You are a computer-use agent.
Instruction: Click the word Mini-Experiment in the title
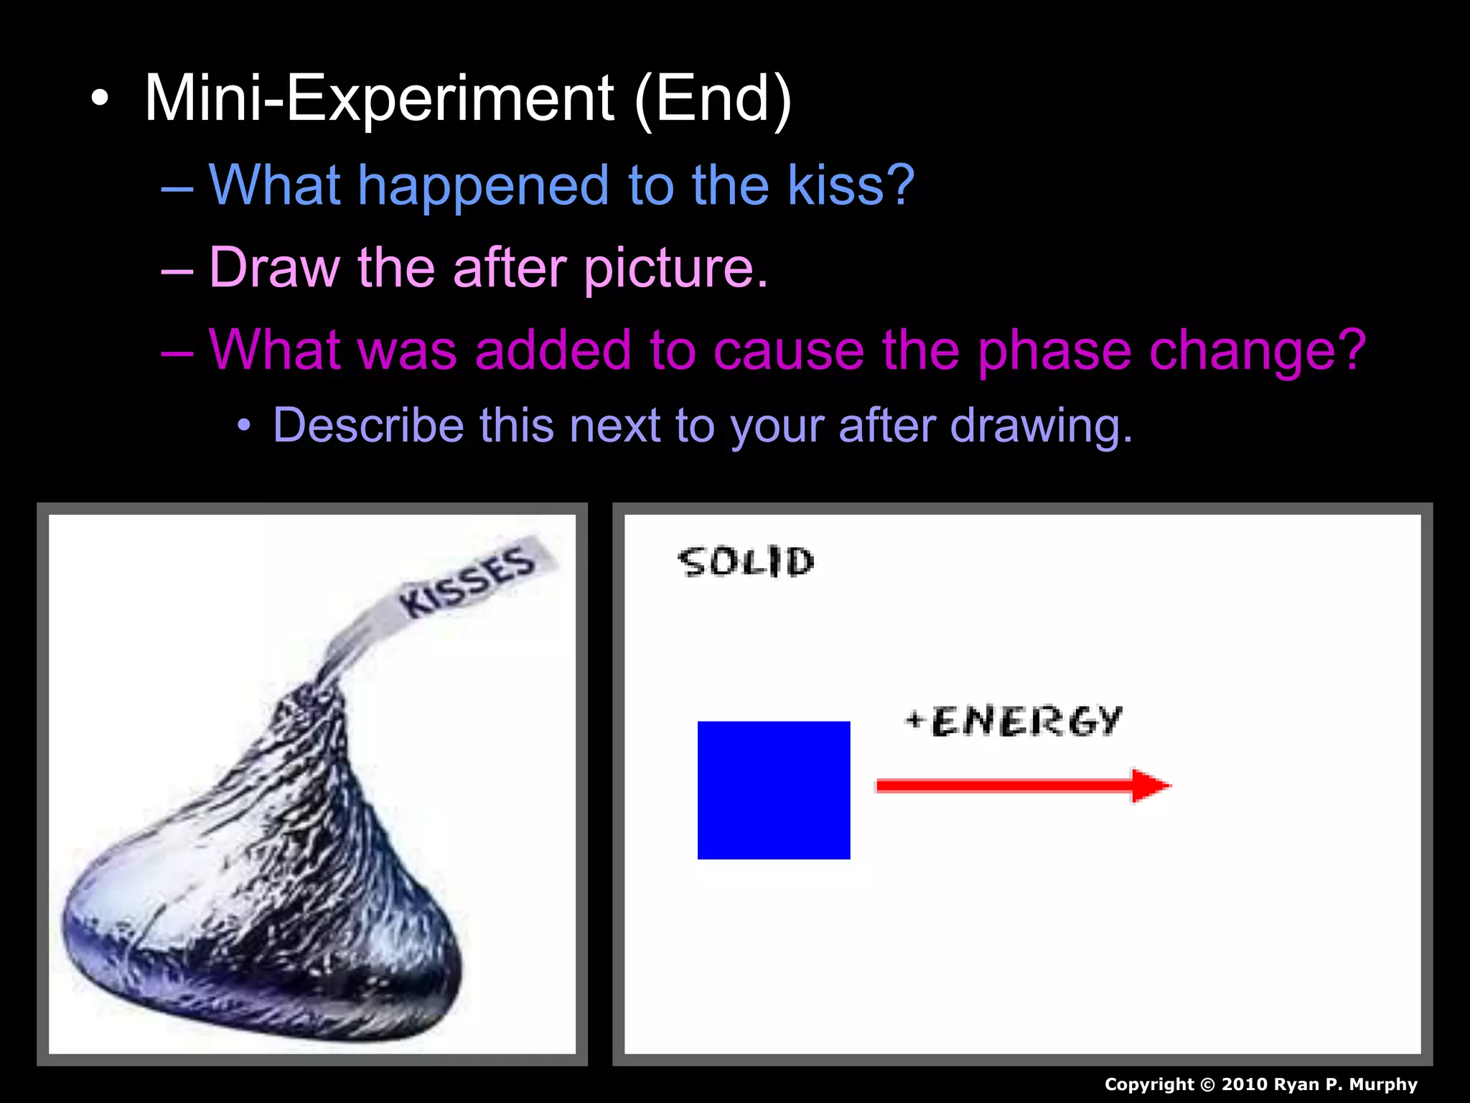tap(379, 99)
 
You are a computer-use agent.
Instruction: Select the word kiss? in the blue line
tap(851, 185)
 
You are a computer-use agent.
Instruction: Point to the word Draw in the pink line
tap(274, 268)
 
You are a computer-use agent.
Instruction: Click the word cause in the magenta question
tap(790, 350)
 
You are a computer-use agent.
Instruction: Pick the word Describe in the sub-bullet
tap(367, 425)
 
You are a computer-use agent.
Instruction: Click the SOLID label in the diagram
tap(746, 562)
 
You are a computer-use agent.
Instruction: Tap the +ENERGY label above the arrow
tap(1013, 721)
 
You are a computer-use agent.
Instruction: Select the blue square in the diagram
tap(774, 790)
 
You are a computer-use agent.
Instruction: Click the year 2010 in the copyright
tap(1244, 1084)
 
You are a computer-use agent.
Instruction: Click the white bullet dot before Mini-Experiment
tap(100, 99)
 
